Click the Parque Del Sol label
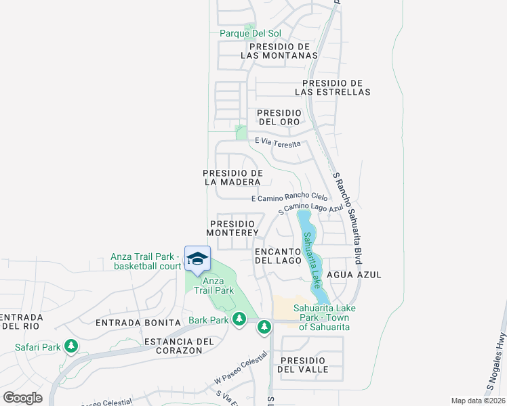click(249, 33)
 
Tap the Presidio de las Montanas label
click(279, 51)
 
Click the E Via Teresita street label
click(277, 141)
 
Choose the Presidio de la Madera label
click(232, 177)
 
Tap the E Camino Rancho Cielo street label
click(289, 198)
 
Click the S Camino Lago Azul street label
click(310, 208)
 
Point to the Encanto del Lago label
click(278, 255)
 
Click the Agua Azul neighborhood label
click(354, 275)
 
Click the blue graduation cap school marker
click(197, 259)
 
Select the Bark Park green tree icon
click(239, 319)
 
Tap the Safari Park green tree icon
click(70, 347)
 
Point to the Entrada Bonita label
click(138, 323)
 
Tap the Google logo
click(22, 397)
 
